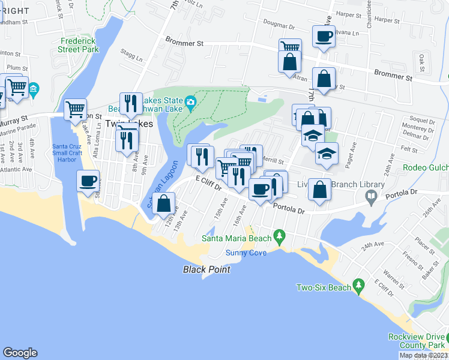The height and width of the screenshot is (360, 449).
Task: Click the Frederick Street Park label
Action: point(79,46)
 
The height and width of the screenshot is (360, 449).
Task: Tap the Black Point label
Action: point(206,269)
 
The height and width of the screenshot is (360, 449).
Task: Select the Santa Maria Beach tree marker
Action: point(278,235)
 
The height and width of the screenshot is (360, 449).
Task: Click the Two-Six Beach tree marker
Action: point(358,284)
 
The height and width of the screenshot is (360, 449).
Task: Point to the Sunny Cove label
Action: point(246,253)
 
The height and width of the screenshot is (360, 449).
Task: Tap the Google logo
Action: point(20,353)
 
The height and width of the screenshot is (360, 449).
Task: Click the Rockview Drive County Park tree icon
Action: point(442,341)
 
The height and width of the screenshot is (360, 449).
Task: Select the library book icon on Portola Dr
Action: point(372,196)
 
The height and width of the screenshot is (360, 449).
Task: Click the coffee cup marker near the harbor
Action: point(88,181)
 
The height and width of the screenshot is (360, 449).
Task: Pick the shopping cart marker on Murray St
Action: point(75,109)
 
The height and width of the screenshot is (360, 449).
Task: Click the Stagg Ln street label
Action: point(132,59)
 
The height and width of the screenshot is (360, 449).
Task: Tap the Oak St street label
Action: point(422,60)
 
